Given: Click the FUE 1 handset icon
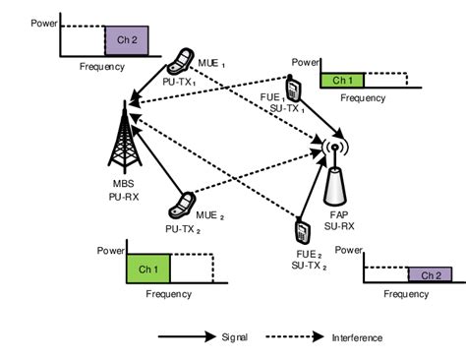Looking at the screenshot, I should (292, 88).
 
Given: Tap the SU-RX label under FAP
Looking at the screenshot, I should (339, 227).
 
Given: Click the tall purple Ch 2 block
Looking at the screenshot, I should (129, 38).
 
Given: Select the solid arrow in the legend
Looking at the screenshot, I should (186, 336).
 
